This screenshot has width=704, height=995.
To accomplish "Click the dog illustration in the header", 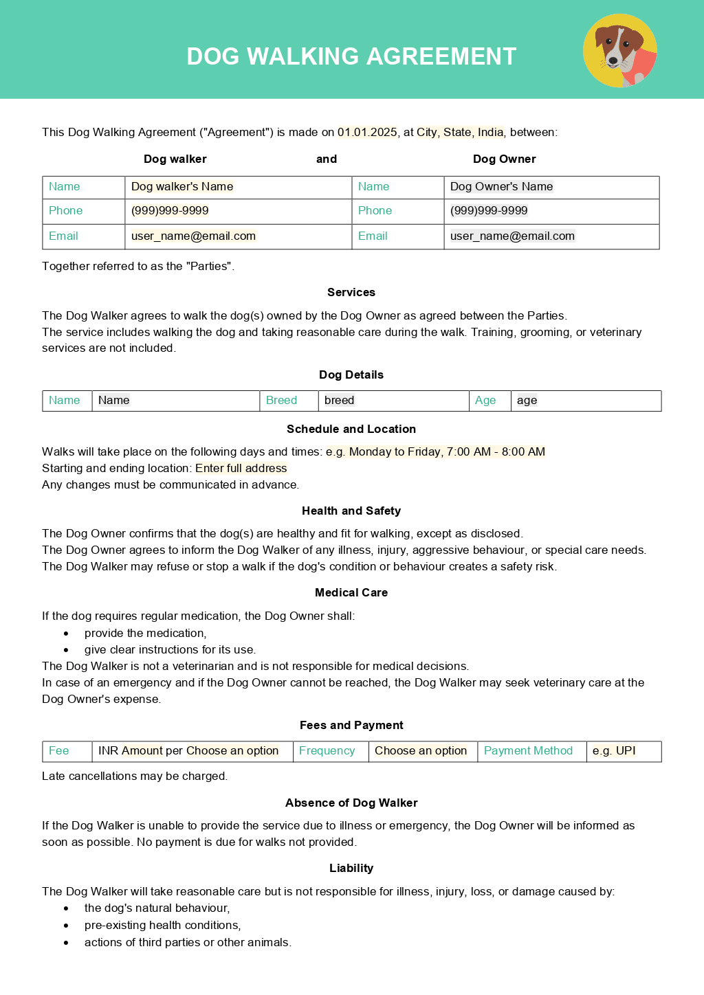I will coord(620,51).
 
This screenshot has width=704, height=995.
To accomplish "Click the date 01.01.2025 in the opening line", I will coord(367,132).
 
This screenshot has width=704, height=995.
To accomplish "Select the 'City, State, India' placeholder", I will coord(460,132).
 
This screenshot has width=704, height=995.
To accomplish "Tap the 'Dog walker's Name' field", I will coord(182,187).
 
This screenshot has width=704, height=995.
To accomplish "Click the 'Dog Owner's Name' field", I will coord(501,187).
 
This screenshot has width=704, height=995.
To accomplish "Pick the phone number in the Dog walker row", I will coord(170,211).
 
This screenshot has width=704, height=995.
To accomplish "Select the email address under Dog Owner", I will coord(512,236).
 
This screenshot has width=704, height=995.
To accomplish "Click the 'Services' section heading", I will coord(351,292).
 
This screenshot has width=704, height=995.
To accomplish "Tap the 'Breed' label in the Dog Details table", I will coord(281,401).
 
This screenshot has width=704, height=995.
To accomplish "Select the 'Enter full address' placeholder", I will coord(241,469).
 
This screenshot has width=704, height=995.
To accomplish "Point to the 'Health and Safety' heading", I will coord(351,511).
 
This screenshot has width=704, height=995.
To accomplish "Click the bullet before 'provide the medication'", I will coord(66,634).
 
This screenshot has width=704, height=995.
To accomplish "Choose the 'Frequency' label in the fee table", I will coord(327,751).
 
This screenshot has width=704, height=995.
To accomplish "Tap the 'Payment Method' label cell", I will coord(528,751).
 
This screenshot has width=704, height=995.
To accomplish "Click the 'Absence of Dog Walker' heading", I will coord(351,803).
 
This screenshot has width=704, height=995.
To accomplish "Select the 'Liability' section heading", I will coord(351,868).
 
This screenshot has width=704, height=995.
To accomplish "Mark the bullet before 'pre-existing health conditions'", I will coord(66,926).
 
